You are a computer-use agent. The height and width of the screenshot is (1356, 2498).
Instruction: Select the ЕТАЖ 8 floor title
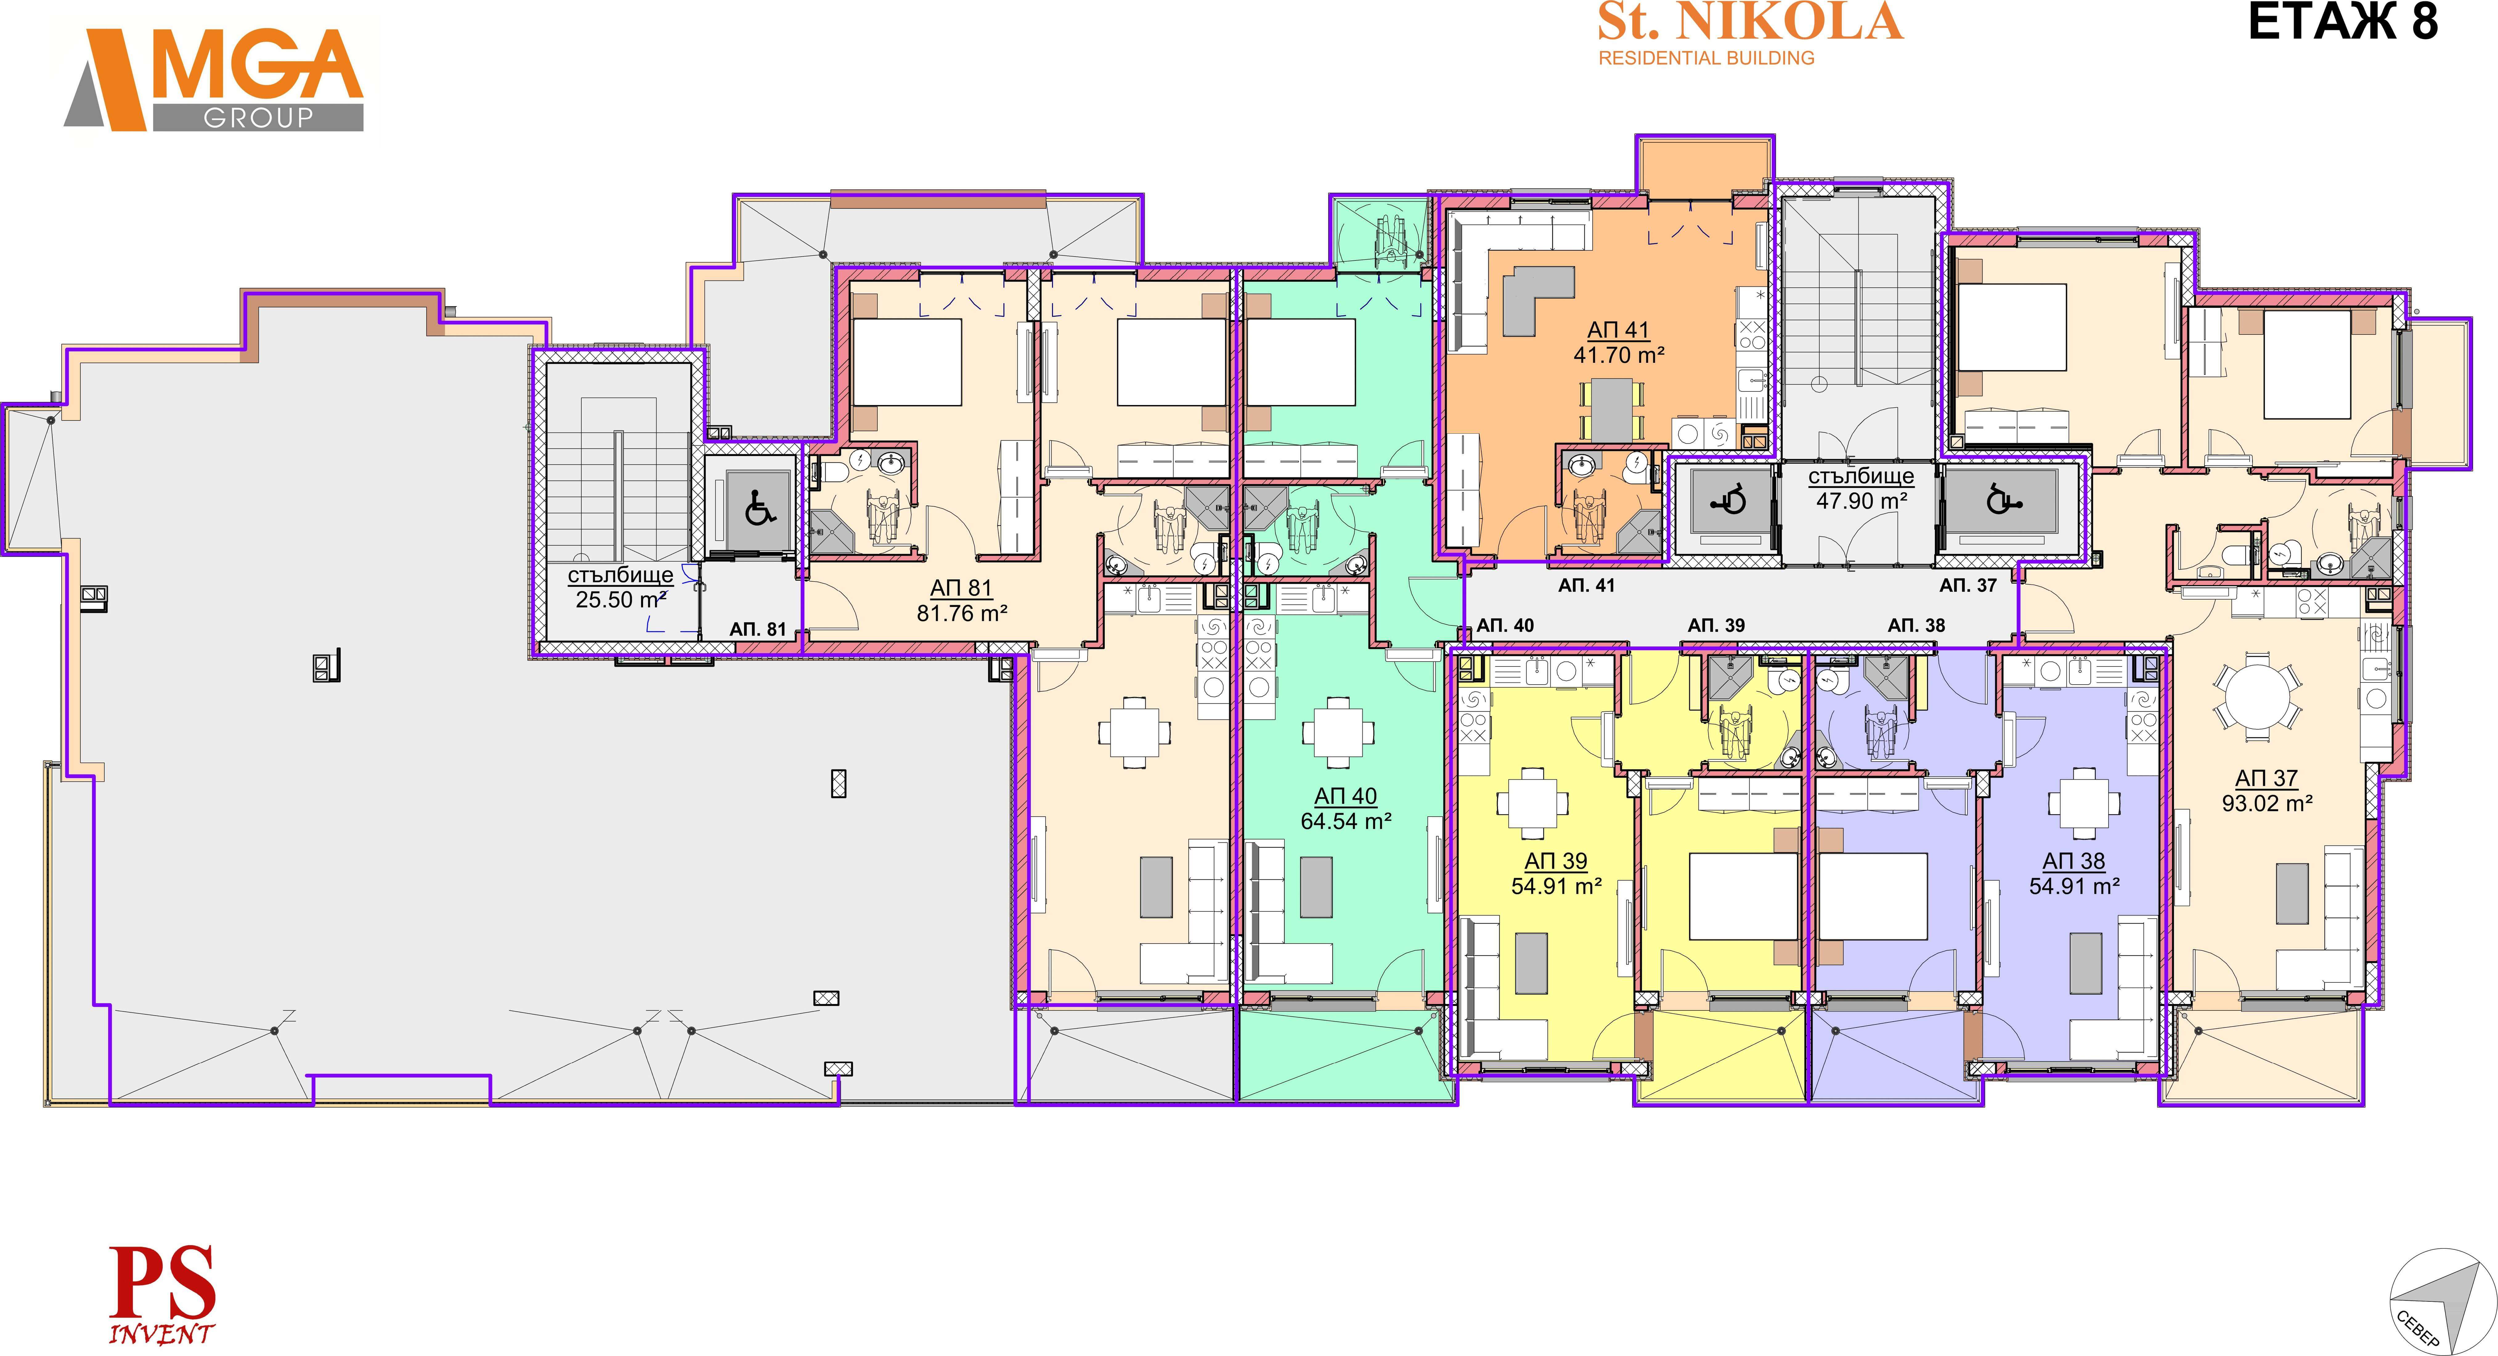point(2343,22)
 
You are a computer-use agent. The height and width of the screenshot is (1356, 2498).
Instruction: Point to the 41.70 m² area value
point(1618,355)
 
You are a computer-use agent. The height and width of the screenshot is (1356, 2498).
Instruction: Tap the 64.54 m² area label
point(1346,821)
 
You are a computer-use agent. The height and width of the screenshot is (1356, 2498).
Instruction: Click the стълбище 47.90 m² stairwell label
point(1861,488)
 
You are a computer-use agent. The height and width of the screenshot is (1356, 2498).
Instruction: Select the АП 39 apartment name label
point(1556,861)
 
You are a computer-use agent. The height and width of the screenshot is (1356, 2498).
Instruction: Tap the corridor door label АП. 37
point(1968,586)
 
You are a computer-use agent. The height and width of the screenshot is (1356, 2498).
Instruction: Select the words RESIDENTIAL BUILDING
point(1706,58)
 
